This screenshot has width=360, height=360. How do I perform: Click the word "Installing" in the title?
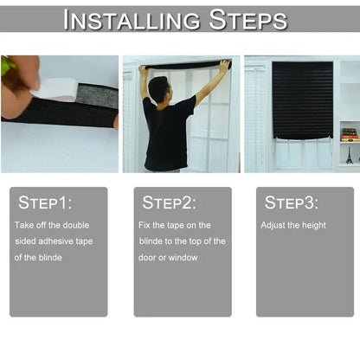pos(125,18)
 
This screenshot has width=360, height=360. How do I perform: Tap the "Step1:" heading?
pos(45,203)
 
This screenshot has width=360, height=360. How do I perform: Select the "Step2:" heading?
pos(169,203)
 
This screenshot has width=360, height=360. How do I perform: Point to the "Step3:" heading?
pos(291,203)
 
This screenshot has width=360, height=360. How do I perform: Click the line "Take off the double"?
pos(52,225)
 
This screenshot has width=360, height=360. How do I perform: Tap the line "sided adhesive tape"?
pos(52,241)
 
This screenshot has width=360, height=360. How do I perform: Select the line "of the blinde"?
pos(39,258)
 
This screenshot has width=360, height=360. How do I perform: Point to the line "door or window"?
pos(168,258)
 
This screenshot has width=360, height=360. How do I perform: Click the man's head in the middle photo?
pos(157,88)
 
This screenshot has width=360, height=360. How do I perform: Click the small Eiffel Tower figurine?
pos(349,156)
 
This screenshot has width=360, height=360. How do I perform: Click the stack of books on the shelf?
pos(349,134)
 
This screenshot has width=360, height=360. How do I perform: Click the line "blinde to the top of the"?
pos(182,241)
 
